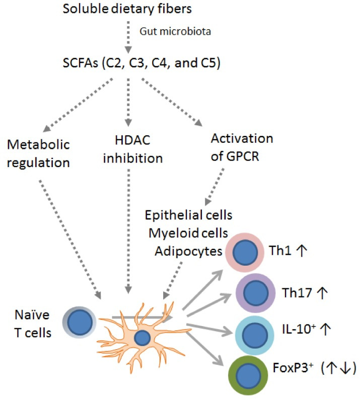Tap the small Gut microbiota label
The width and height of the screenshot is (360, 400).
167,32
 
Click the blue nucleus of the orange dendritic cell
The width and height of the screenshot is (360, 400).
142,338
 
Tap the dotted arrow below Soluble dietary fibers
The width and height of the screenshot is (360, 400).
128,37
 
